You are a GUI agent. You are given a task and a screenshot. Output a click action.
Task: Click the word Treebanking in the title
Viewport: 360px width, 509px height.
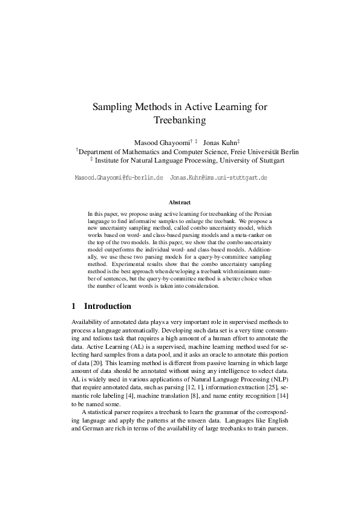[x=180, y=120]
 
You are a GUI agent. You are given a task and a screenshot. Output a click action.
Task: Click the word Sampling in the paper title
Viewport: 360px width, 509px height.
[x=113, y=106]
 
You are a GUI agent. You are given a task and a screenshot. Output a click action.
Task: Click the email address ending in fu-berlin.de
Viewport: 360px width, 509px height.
[x=119, y=179]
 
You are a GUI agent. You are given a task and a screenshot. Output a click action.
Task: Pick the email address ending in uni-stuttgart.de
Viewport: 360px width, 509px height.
[x=219, y=179]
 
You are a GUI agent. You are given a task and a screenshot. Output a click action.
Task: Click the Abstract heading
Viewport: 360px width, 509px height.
[x=180, y=202]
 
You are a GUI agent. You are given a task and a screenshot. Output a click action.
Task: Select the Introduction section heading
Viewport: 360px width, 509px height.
[x=107, y=306]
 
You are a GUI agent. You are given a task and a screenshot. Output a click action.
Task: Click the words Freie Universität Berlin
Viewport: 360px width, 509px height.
[x=261, y=151]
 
